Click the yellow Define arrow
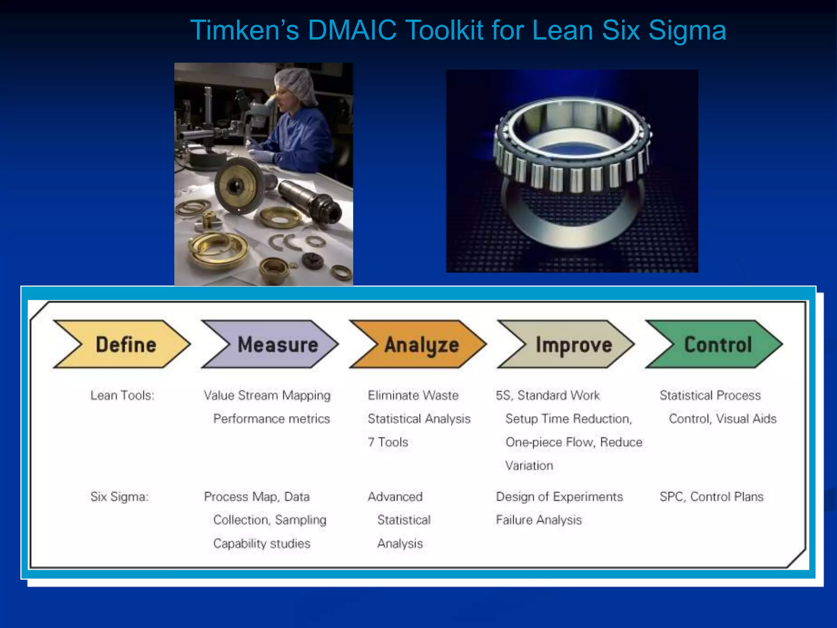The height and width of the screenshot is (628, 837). tap(123, 344)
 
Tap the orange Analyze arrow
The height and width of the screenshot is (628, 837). tap(419, 344)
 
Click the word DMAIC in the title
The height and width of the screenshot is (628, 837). tap(352, 30)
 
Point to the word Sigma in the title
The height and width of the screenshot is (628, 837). tap(687, 30)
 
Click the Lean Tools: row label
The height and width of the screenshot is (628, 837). tap(122, 395)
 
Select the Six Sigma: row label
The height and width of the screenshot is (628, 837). tap(119, 497)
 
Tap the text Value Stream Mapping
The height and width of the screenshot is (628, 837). tap(267, 395)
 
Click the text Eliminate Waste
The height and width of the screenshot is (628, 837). tap(413, 395)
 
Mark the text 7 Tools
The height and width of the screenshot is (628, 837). tap(388, 442)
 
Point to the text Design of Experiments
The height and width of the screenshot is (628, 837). tap(559, 497)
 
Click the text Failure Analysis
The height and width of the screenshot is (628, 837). tap(539, 520)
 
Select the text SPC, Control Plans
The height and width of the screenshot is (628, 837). tap(711, 497)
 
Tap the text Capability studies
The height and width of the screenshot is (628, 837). tap(262, 543)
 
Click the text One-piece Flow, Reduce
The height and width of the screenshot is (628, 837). tap(574, 442)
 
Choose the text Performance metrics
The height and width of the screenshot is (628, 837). tap(271, 419)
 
